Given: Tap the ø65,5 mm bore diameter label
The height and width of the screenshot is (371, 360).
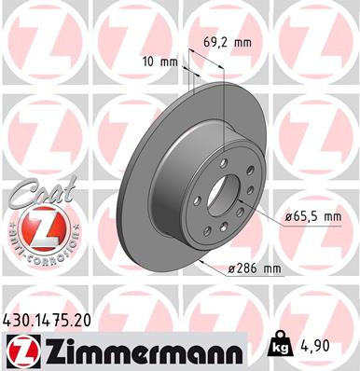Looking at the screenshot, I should click(312, 216).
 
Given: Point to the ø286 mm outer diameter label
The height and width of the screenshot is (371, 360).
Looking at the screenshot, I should click(255, 270).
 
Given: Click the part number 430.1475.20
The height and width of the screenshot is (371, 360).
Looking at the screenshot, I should click(54, 319).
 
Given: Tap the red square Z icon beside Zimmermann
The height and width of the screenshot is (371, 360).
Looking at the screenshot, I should click(19, 350).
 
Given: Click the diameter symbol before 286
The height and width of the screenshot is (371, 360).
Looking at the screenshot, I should click(231, 270).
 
